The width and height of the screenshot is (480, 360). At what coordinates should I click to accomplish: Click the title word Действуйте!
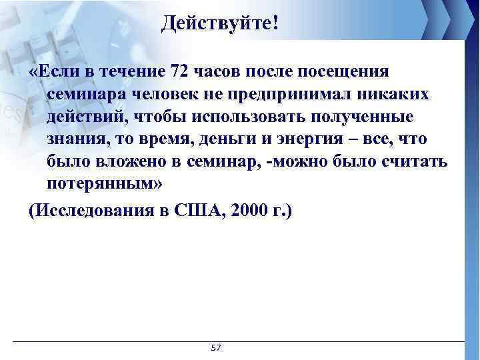click(x=221, y=25)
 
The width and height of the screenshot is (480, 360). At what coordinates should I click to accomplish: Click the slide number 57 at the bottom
click(x=215, y=348)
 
